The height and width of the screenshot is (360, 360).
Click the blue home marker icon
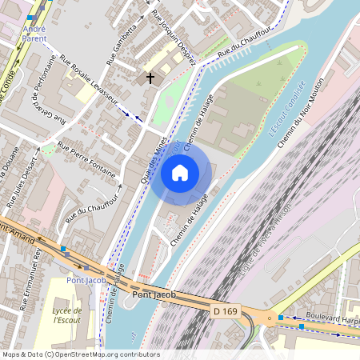click(x=180, y=172)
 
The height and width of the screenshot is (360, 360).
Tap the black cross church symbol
click(x=149, y=78)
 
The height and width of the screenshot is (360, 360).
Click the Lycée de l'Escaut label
click(x=67, y=315)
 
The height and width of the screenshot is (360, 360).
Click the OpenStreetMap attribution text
click(x=80, y=354)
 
